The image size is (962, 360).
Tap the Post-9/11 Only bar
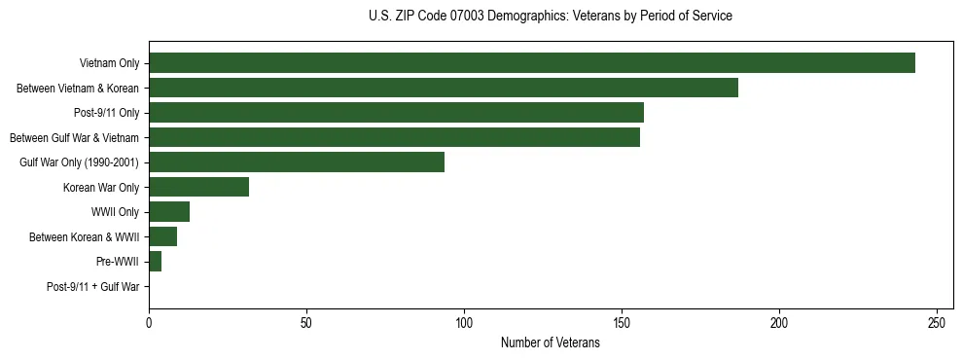coord(396,113)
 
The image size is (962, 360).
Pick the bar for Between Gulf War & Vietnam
coord(394,137)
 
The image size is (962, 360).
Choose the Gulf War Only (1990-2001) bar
coord(297,162)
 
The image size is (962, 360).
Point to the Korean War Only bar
coord(198,187)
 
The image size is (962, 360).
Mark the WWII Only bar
coord(169,212)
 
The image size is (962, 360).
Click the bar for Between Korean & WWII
coord(162,236)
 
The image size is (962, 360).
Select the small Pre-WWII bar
coord(155,262)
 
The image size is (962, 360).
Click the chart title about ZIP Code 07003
coord(551,17)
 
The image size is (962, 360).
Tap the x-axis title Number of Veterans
coord(551,343)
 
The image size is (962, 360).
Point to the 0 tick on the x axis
coord(149,322)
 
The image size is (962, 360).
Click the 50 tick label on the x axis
coord(306,322)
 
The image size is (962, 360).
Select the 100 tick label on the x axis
coord(464,322)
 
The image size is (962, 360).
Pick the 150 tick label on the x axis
coord(622,322)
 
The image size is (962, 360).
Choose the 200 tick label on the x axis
coord(779,322)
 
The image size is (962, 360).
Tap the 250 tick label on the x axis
coord(937,322)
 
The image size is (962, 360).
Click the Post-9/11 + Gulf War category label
coord(93,287)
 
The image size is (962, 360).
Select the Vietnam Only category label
coord(110,63)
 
